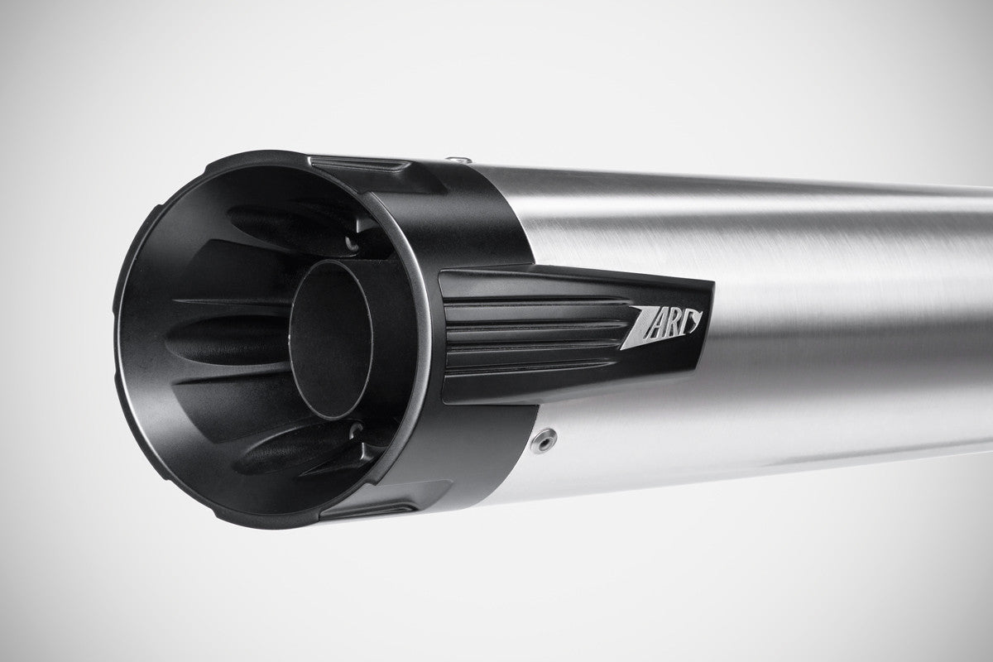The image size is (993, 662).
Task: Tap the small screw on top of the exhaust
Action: point(457,159)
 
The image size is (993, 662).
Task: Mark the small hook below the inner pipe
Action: point(356,430)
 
